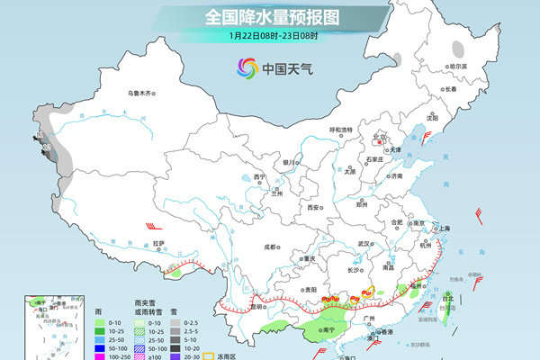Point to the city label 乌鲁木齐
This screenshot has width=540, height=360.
click(x=141, y=92)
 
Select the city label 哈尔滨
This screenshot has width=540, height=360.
click(x=458, y=66)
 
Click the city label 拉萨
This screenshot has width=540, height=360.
click(x=159, y=243)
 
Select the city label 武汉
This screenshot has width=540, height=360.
click(x=364, y=243)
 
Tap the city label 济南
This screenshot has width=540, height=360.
click(x=396, y=176)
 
